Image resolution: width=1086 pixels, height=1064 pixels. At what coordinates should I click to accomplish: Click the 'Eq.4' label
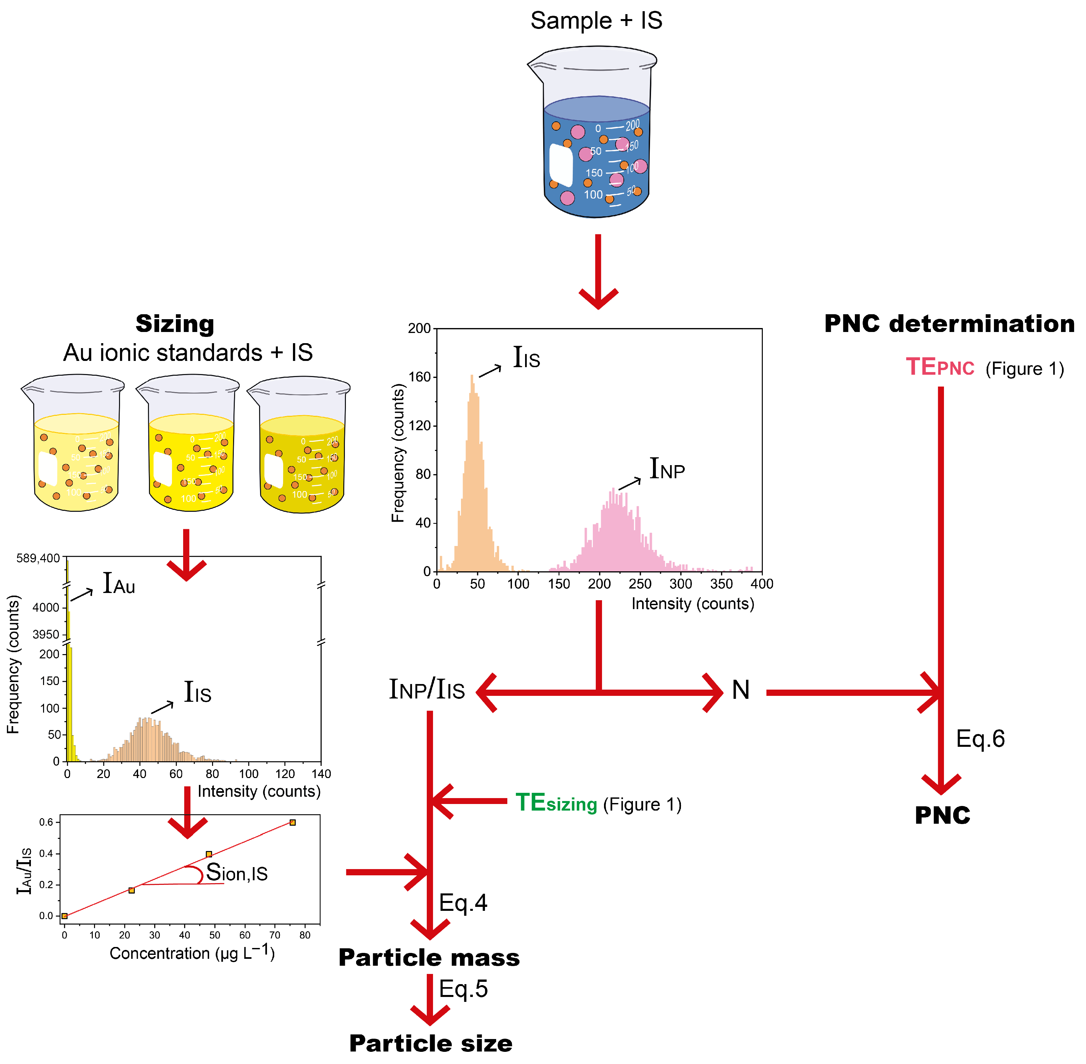point(463,903)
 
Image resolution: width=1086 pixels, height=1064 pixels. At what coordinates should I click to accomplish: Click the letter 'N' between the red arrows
point(740,690)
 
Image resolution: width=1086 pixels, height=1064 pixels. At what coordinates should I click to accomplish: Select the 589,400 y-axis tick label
point(38,558)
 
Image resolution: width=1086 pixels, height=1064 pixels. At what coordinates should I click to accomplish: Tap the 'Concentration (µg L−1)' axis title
point(192,953)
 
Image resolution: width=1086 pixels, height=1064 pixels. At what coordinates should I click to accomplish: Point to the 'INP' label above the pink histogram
point(667,469)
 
